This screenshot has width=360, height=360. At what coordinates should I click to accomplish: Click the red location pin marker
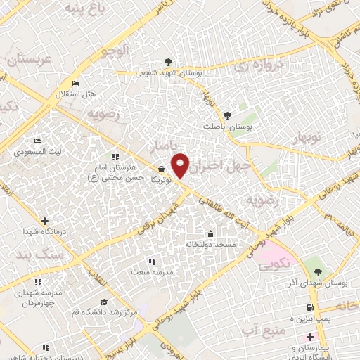coord(181,165)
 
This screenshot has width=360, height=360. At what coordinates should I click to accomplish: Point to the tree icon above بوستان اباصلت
coord(226,115)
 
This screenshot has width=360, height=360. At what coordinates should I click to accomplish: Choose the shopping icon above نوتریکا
coord(163,169)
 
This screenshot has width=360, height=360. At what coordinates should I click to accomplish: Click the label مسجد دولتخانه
coord(210,244)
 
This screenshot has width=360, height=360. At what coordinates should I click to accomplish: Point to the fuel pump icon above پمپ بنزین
coord(309,308)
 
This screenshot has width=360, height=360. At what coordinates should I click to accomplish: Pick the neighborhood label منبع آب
coord(260,328)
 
